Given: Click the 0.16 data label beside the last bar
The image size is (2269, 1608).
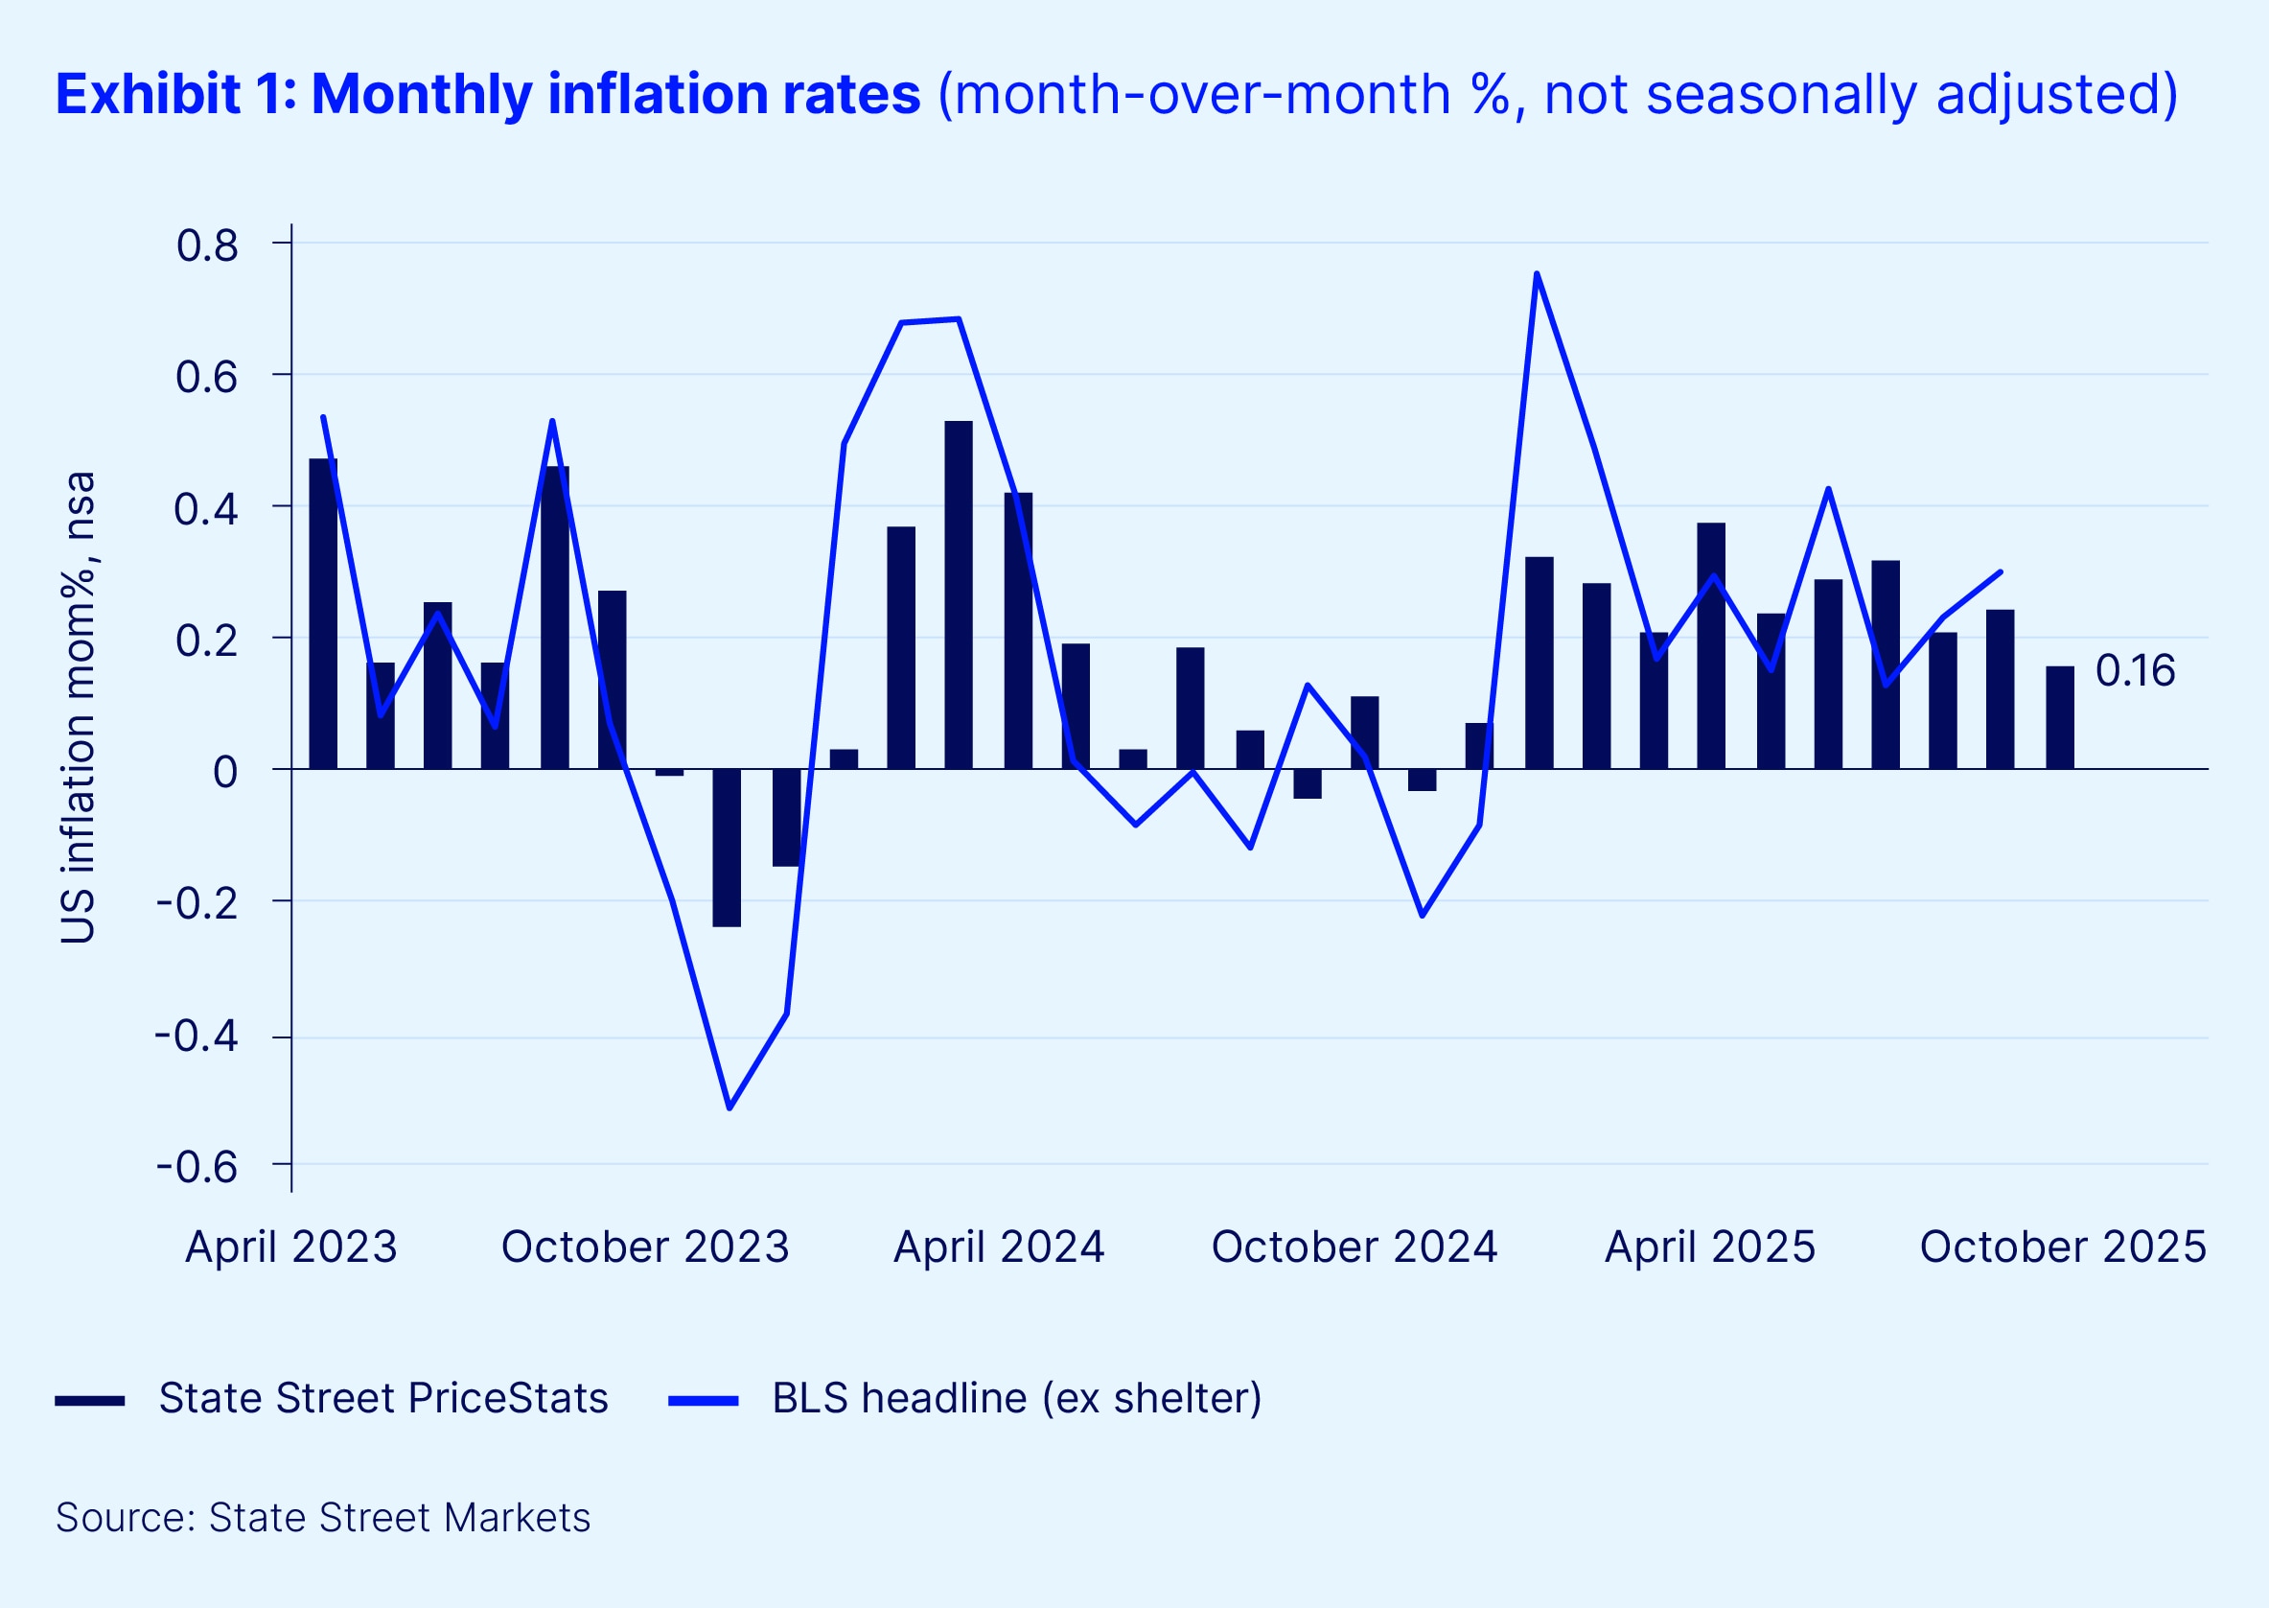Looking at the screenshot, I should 2135,671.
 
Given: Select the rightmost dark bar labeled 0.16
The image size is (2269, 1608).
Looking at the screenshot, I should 2059,718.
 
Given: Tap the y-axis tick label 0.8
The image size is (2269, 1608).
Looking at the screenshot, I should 207,245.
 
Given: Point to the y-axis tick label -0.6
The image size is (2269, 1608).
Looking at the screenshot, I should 197,1167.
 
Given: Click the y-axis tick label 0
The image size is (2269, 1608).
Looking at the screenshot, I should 224,772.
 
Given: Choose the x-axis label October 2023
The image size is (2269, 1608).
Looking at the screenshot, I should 644,1247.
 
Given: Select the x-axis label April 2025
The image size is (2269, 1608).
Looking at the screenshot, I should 1710,1247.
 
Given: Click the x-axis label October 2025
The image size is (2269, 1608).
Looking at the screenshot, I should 2063,1247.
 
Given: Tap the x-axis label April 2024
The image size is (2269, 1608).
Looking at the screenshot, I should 998,1247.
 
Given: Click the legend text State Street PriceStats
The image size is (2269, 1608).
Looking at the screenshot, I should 383,1398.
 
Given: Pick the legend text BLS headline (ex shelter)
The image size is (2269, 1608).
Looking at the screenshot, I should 1017,1398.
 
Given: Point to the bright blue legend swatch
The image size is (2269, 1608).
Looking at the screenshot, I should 703,1400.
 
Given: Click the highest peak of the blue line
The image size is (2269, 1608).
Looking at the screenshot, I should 1537,273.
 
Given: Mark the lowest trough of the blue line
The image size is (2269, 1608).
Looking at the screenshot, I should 729,1107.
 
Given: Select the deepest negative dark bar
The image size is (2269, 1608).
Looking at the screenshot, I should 727,848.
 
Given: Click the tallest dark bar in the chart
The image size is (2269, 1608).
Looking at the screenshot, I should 959,594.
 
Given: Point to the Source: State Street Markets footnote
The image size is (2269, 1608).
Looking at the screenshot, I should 323,1518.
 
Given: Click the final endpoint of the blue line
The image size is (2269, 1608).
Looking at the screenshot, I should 2001,571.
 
